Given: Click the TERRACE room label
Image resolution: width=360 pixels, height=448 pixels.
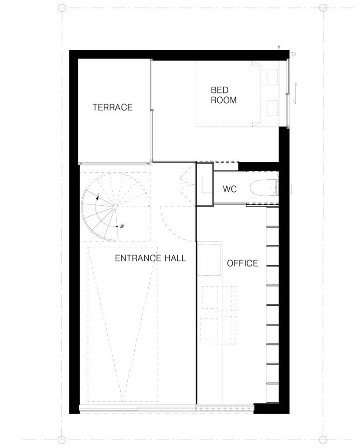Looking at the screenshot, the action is click(x=113, y=107).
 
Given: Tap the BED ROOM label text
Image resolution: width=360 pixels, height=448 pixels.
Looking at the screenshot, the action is click(x=224, y=95).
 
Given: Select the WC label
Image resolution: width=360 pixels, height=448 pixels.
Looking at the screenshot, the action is click(x=230, y=189).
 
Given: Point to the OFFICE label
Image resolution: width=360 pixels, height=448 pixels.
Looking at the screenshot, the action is click(x=242, y=263).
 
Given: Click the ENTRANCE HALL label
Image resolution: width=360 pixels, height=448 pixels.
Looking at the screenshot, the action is click(x=150, y=258).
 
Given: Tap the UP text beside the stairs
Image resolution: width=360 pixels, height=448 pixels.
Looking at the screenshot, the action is click(x=121, y=226).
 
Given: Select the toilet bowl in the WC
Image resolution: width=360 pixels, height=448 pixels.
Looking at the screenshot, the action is click(x=263, y=189).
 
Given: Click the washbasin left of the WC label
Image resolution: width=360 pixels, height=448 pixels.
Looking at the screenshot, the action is click(x=207, y=184).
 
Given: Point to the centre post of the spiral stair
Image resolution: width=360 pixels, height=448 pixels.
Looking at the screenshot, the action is click(x=115, y=205).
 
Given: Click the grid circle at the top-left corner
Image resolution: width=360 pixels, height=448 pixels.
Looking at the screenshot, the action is click(x=62, y=8).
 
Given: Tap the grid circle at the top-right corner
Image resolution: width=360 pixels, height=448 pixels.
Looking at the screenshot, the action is click(x=323, y=8).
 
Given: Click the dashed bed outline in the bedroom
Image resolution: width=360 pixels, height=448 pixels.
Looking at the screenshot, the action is click(x=196, y=94).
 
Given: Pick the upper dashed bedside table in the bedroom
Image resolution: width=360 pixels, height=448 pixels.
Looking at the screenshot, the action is click(x=272, y=77).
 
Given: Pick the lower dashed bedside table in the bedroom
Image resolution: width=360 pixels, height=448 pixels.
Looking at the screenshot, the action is click(x=272, y=108).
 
